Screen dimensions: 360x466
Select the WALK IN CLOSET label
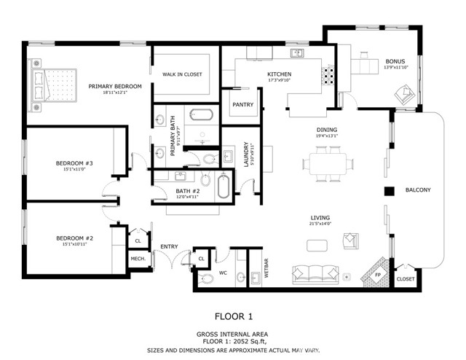pyautogui.click(x=182, y=74)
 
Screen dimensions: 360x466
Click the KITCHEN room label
pyautogui.click(x=280, y=74)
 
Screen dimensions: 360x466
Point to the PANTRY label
pyautogui.click(x=242, y=104)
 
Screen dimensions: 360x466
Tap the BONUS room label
pyautogui.click(x=396, y=61)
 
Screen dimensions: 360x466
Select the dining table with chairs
pyautogui.click(x=327, y=163)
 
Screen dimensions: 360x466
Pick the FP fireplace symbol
pyautogui.click(x=376, y=275)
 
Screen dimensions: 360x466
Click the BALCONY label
pyautogui.click(x=418, y=190)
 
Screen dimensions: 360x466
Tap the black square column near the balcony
pyautogui.click(x=390, y=191)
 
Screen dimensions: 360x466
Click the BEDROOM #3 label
pyautogui.click(x=74, y=163)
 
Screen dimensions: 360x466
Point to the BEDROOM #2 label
pyautogui.click(x=74, y=238)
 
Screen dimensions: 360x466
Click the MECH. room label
pyautogui.click(x=138, y=259)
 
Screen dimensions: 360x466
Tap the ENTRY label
pyautogui.click(x=169, y=246)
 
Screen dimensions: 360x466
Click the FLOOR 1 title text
pyautogui.click(x=234, y=316)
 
